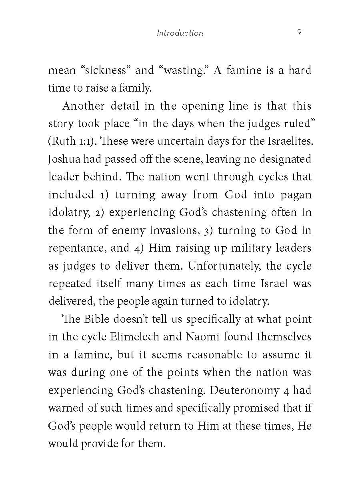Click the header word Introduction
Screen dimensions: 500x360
click(x=180, y=33)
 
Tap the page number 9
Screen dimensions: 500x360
click(x=299, y=32)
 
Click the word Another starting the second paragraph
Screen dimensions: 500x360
click(x=84, y=106)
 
